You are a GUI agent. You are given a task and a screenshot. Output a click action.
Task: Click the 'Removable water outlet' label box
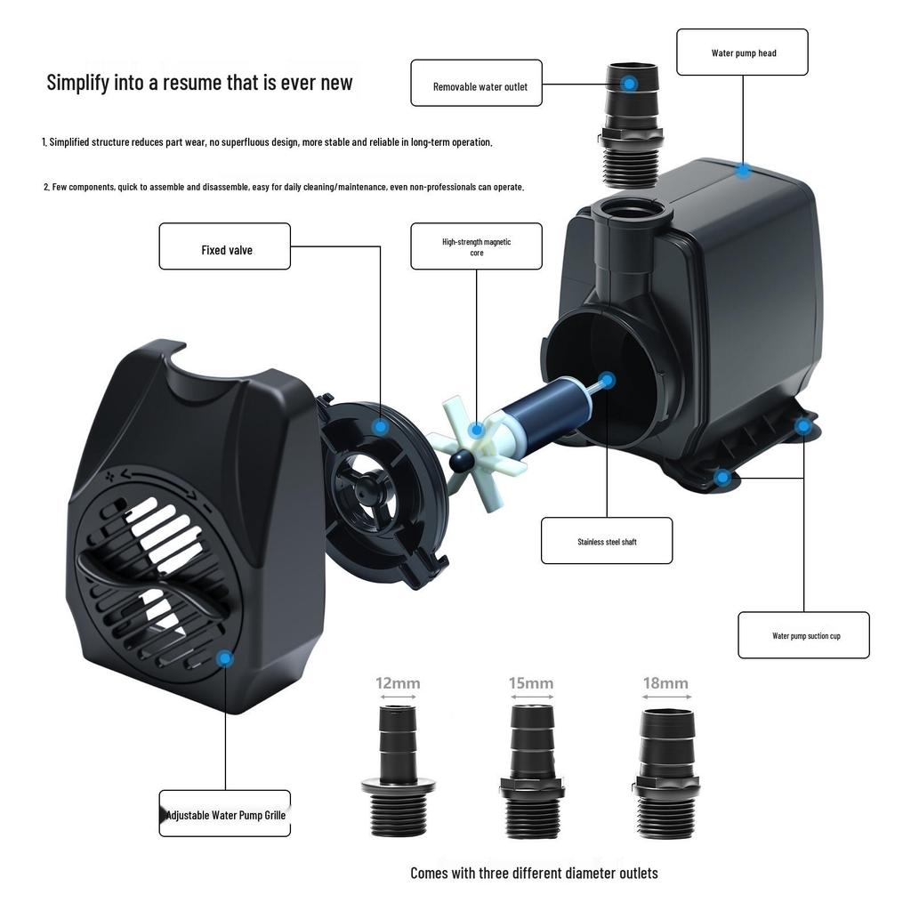476,83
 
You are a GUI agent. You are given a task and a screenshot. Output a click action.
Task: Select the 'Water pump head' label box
742,52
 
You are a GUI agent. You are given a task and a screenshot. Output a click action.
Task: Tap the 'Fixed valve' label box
225,246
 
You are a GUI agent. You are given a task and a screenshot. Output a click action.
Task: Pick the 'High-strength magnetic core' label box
476,246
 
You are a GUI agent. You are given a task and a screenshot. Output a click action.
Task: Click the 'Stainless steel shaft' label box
607,541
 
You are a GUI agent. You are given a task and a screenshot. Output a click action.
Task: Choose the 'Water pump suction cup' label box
803,635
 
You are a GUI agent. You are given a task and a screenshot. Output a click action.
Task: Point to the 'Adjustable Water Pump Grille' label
225,814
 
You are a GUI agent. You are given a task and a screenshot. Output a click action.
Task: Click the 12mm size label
398,683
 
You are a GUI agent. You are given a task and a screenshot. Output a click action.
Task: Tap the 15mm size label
531,683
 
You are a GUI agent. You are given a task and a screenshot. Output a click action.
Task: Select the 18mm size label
665,683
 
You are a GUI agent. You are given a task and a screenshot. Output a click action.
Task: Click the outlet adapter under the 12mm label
398,770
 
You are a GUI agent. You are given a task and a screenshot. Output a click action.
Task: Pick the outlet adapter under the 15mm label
531,770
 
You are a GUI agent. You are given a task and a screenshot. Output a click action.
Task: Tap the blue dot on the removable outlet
629,84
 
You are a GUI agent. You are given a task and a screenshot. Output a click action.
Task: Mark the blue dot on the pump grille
225,658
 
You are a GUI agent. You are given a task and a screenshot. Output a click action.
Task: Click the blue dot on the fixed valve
381,427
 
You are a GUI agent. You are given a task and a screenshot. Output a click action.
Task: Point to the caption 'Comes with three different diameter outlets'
534,873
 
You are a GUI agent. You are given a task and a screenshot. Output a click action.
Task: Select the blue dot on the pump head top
743,170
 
